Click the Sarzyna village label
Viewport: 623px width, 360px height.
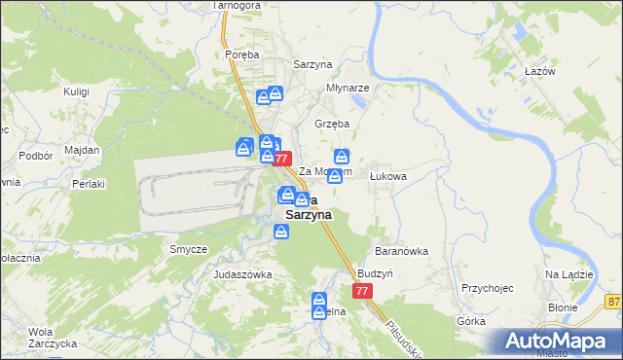312,64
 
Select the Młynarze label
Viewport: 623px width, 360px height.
348,87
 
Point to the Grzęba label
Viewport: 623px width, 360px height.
332,124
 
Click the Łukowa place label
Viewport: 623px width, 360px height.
387,176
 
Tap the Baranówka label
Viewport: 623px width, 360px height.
403,250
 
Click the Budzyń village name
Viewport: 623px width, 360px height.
375,274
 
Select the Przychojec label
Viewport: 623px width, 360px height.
488,288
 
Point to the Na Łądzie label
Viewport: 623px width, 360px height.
569,274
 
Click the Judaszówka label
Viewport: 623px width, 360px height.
242,274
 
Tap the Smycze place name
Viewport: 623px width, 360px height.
188,249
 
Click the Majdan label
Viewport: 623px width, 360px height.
83,150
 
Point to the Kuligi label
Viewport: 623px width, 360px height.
76,91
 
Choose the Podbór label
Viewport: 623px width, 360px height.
35,156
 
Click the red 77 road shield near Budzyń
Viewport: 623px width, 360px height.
362,291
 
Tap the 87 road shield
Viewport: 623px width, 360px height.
613,302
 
